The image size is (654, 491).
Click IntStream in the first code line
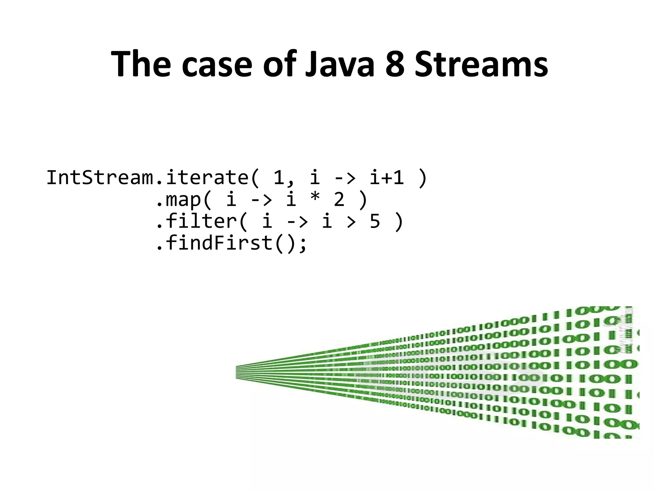point(100,178)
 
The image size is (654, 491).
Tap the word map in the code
point(184,199)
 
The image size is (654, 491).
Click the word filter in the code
point(201,221)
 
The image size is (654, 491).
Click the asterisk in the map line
point(315,199)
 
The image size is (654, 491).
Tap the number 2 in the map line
point(339,199)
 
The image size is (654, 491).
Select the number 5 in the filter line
point(375,221)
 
